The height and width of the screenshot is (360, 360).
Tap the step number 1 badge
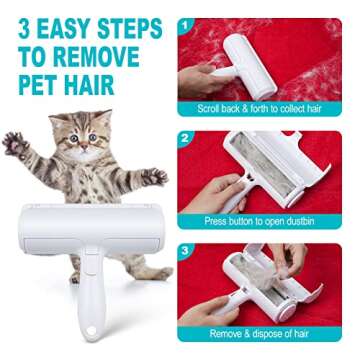pyautogui.click(x=187, y=24)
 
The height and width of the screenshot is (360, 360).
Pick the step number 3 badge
pyautogui.click(x=187, y=252)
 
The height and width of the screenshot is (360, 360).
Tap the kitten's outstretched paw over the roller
pyautogui.click(x=152, y=177)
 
